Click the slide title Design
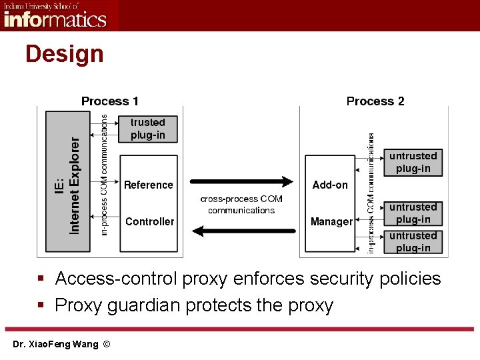click(65, 54)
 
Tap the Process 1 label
click(110, 101)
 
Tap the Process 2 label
click(375, 101)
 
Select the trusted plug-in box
click(148, 129)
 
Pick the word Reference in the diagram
click(149, 185)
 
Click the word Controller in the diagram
click(149, 221)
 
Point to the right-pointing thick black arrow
click(242, 181)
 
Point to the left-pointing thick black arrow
click(242, 231)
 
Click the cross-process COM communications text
click(241, 205)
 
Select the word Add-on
click(330, 185)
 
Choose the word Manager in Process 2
click(331, 221)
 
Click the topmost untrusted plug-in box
click(413, 162)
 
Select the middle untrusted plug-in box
click(413, 213)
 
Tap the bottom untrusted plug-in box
click(413, 241)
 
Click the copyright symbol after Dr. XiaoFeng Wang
click(107, 344)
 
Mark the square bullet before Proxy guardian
click(41, 306)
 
